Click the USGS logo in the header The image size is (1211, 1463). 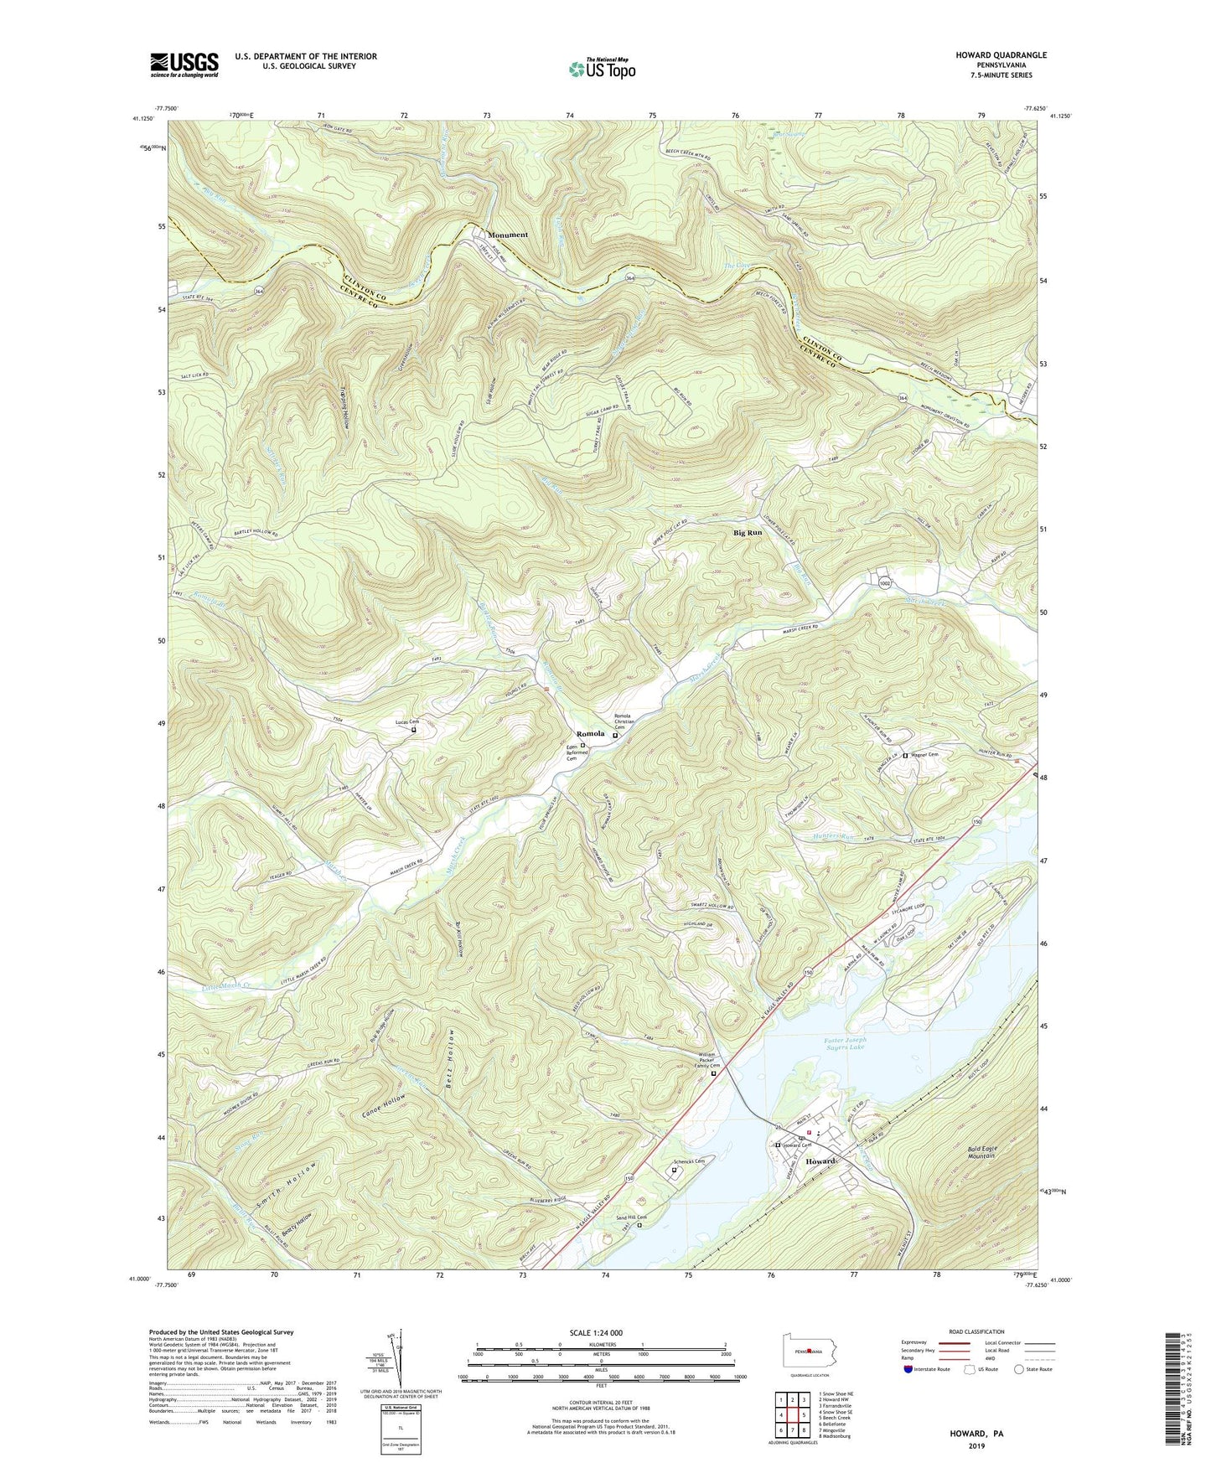click(x=184, y=64)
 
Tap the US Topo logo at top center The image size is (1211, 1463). click(x=602, y=69)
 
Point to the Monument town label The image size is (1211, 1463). click(x=508, y=235)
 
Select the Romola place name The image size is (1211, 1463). click(x=590, y=733)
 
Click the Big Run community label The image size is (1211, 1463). click(x=748, y=532)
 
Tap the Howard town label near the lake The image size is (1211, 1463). click(x=820, y=1161)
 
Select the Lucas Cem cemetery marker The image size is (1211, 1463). click(x=413, y=730)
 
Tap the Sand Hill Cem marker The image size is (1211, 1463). click(x=639, y=1225)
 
